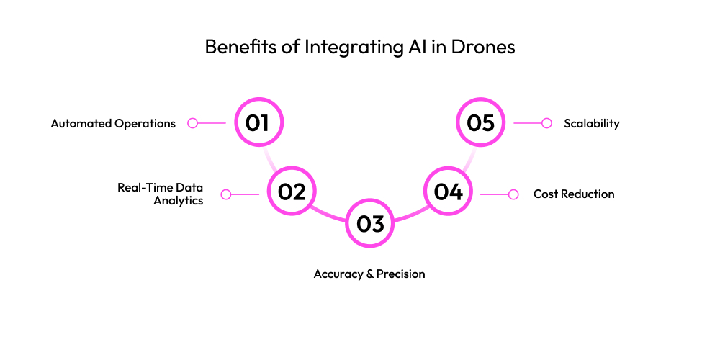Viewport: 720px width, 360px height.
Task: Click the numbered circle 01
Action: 260,122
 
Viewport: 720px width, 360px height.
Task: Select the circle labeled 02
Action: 292,192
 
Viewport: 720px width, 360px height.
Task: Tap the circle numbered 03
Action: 370,224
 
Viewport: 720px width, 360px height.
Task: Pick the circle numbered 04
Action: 448,192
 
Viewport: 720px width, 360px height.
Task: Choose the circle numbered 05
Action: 481,122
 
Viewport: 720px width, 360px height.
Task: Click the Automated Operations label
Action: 113,123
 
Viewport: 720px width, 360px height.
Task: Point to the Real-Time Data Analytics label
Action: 161,194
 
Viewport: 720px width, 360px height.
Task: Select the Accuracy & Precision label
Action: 369,274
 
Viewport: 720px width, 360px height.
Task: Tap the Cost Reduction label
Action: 574,194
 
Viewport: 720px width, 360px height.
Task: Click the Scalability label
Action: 591,123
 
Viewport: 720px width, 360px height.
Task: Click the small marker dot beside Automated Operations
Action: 192,123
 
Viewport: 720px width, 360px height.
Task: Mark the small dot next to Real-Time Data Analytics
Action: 226,194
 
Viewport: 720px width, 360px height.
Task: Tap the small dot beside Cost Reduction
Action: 513,194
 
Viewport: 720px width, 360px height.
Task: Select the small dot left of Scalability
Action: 546,123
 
